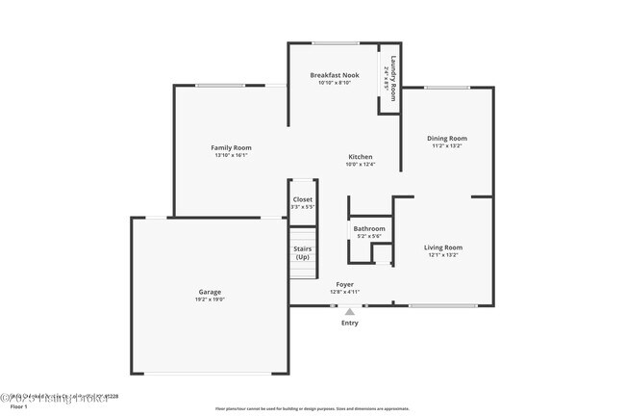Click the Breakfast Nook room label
[334, 75]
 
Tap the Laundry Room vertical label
[391, 71]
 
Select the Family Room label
[231, 147]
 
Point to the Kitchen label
[360, 157]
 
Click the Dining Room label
[447, 138]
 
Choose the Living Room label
[443, 248]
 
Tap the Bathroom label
[369, 228]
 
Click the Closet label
[302, 199]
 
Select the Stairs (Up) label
[302, 253]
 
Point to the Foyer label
[344, 284]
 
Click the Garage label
[210, 292]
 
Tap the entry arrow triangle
[350, 311]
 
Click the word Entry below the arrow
[350, 323]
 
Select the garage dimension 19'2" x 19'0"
[210, 300]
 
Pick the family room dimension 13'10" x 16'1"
[231, 155]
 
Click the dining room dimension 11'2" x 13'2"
[447, 145]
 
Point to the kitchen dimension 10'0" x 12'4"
[360, 165]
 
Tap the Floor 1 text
[12, 406]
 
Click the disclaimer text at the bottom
[312, 408]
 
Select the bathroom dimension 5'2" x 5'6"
[369, 236]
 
